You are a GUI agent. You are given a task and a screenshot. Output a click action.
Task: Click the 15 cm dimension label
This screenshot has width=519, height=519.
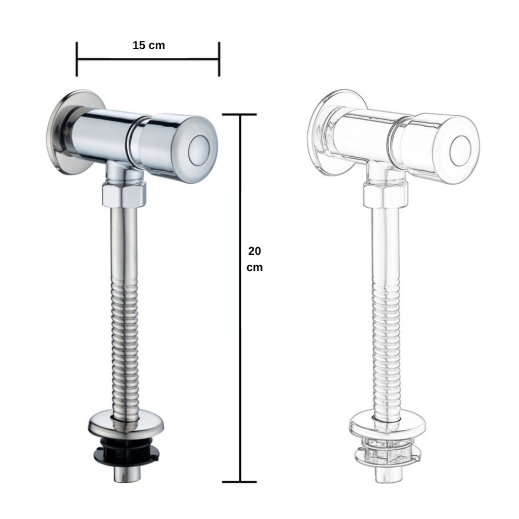(148, 45)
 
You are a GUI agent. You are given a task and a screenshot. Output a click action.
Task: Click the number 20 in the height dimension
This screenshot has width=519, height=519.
(254, 251)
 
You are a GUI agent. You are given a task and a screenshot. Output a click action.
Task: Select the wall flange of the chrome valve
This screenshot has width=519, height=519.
(71, 132)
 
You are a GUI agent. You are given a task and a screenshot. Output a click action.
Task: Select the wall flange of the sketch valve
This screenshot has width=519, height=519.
(333, 132)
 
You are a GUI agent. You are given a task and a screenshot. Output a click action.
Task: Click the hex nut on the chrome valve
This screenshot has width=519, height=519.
(124, 196)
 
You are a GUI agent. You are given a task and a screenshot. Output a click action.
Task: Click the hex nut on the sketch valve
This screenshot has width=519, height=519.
(385, 196)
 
